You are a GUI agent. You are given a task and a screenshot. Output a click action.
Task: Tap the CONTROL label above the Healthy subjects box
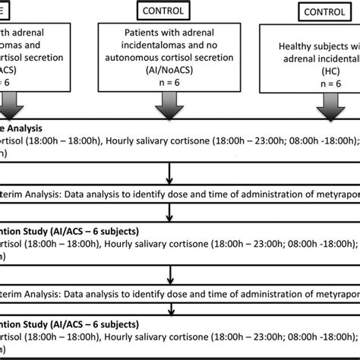pyautogui.click(x=310, y=13)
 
